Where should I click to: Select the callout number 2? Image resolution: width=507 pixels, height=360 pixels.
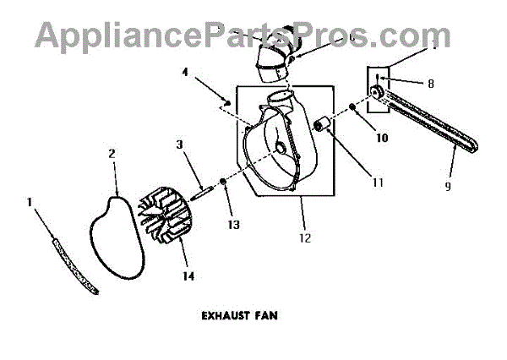pos(112,154)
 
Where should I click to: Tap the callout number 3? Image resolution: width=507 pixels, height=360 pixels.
pos(180,145)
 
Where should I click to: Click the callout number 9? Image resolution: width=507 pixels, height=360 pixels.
pos(448,185)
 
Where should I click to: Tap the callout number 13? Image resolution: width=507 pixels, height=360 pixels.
pos(230,224)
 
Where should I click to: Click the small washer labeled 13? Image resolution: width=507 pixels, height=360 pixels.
pos(222,180)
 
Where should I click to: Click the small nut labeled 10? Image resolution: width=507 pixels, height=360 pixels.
pos(351,106)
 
